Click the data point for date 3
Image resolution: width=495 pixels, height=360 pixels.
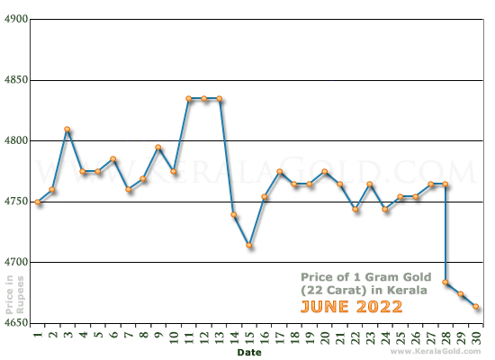pos(67,130)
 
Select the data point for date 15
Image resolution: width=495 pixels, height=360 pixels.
pos(249,246)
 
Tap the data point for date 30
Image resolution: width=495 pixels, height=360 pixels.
pos(476,307)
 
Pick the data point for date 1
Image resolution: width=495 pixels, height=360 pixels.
pos(38,202)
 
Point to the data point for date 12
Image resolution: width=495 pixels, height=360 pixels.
pos(204,99)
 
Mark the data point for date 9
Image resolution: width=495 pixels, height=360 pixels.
pos(158,148)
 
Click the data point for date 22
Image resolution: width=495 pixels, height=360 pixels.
pos(355,209)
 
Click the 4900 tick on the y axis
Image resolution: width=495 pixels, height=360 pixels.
pos(16,19)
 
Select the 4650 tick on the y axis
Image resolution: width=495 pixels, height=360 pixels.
pos(16,323)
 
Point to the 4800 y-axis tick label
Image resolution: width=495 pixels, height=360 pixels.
pos(16,140)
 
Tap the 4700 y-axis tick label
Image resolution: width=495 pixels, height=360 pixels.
pos(16,262)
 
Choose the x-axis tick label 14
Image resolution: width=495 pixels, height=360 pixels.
pos(234,337)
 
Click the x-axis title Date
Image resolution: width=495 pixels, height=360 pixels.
pos(250,353)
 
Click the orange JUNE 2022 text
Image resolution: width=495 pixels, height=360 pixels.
pos(351,307)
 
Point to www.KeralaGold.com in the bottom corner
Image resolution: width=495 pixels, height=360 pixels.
pos(439,352)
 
